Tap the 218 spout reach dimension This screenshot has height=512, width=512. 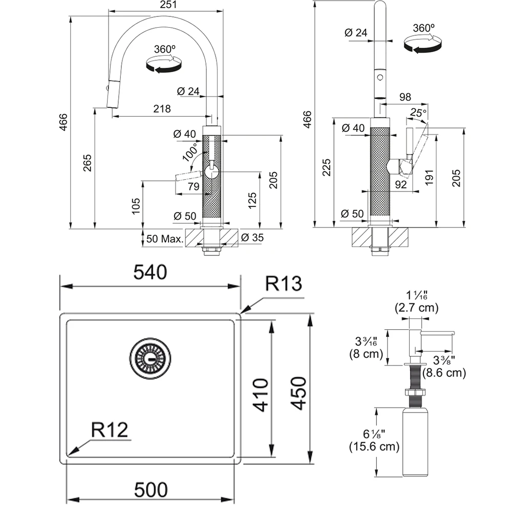click(x=161, y=109)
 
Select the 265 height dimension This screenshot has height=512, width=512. click(x=88, y=162)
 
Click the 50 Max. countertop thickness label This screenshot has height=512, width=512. click(x=165, y=239)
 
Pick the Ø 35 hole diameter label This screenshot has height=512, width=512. click(x=251, y=238)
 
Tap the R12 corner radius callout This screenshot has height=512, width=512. click(x=110, y=430)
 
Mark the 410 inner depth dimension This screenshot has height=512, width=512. click(x=261, y=395)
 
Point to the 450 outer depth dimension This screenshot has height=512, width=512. click(x=298, y=393)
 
